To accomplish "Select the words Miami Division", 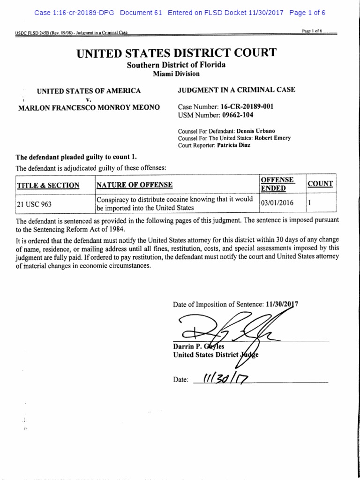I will click(176, 74).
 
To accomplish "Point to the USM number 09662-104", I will click(237, 115).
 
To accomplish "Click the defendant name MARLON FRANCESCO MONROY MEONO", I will click(89, 107).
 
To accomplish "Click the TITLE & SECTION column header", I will click(48, 185).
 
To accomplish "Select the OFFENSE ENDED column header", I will click(277, 184).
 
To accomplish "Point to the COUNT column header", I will click(320, 184).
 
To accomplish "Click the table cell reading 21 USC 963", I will click(34, 204).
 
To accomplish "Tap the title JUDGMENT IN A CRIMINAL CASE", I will click(237, 90).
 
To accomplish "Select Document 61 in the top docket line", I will click(141, 13).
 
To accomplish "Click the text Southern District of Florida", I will click(176, 65).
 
